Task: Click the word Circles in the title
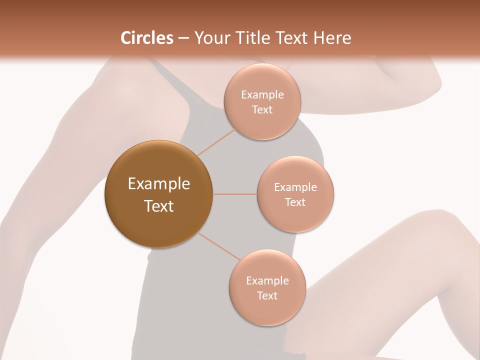click(x=146, y=38)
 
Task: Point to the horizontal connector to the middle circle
click(x=234, y=194)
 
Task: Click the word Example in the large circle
click(x=159, y=184)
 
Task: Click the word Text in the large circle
click(x=159, y=206)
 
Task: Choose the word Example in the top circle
click(x=262, y=95)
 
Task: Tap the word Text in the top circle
click(x=262, y=109)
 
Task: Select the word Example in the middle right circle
click(x=295, y=187)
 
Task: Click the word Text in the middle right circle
click(x=295, y=202)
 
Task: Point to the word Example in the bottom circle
click(x=267, y=281)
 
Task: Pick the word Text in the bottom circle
click(x=267, y=295)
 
